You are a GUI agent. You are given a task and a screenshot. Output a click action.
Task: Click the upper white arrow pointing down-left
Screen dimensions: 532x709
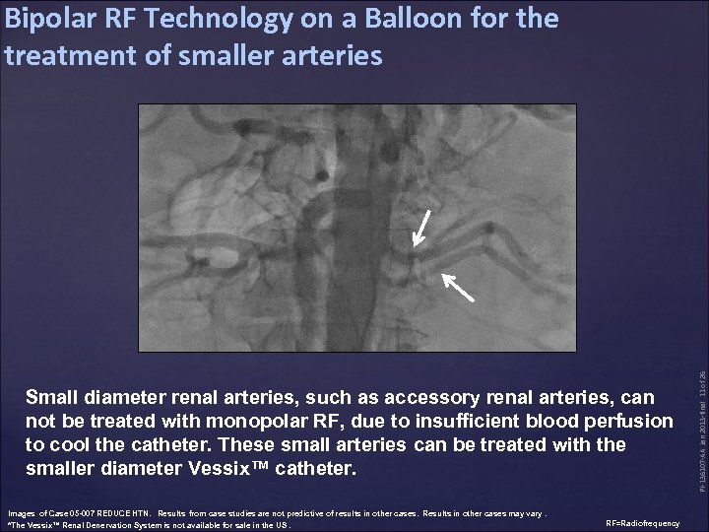click(x=420, y=226)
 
